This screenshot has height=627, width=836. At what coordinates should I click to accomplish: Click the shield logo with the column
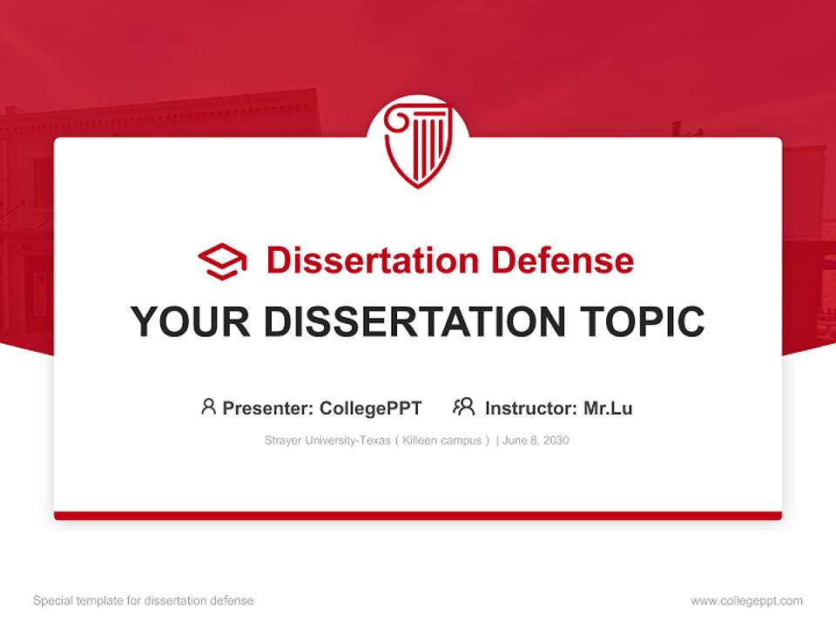(x=418, y=145)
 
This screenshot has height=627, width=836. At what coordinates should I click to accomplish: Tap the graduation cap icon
(x=222, y=261)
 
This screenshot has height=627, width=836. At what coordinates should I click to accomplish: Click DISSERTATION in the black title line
(x=414, y=322)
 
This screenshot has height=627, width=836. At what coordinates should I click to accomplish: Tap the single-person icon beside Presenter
(x=208, y=407)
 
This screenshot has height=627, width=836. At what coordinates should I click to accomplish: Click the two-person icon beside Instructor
(x=463, y=407)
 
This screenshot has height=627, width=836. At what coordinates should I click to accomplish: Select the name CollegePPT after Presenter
(x=371, y=408)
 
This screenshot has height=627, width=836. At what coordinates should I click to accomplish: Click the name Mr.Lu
(x=608, y=408)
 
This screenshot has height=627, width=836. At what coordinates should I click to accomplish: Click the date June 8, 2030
(x=536, y=441)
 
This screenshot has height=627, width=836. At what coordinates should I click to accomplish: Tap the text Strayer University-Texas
(x=327, y=441)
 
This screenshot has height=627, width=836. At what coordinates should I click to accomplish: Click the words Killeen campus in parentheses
(x=442, y=441)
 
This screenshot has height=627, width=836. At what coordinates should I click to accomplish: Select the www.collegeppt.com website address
(x=746, y=601)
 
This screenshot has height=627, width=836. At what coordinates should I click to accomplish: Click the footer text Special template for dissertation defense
(x=144, y=601)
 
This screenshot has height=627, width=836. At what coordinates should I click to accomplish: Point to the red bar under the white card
(x=418, y=516)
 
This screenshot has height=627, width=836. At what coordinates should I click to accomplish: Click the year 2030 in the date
(x=556, y=441)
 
